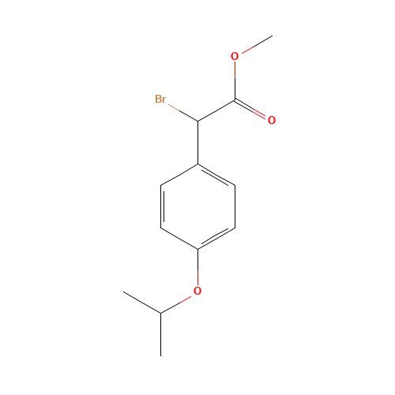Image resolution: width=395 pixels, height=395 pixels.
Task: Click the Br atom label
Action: coord(160,99)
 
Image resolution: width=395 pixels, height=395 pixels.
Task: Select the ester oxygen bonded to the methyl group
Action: coord(235,56)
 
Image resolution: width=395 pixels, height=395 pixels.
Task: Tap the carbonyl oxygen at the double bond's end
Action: coord(271,120)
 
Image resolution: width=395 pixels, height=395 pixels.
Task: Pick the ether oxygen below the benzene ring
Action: coord(197,291)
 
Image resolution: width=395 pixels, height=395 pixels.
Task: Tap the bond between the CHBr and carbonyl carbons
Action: coord(216,111)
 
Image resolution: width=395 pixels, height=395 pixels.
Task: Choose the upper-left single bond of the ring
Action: coord(179,175)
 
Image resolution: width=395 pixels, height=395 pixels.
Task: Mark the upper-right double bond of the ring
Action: coord(216,175)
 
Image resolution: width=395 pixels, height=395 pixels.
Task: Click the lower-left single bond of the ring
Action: coord(179,239)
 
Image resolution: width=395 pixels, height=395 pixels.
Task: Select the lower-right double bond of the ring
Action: coord(216,239)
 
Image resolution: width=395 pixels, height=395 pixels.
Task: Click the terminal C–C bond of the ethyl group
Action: coord(142,303)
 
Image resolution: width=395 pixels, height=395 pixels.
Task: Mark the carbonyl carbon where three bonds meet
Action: coord(235,100)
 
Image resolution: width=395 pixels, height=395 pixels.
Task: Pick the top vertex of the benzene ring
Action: coord(197,164)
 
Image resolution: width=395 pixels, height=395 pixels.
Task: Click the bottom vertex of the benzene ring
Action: coord(197,249)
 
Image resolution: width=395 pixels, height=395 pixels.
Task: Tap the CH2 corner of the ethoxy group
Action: coord(161,313)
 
